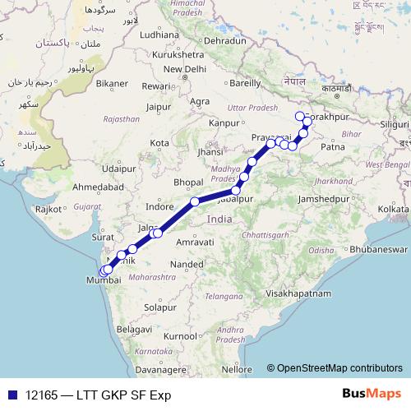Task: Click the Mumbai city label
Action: tap(103, 280)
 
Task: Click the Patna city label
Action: tap(333, 147)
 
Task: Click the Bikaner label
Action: tap(111, 83)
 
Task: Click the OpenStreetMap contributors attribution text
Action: tap(339, 368)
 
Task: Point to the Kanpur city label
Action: tap(224, 123)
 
